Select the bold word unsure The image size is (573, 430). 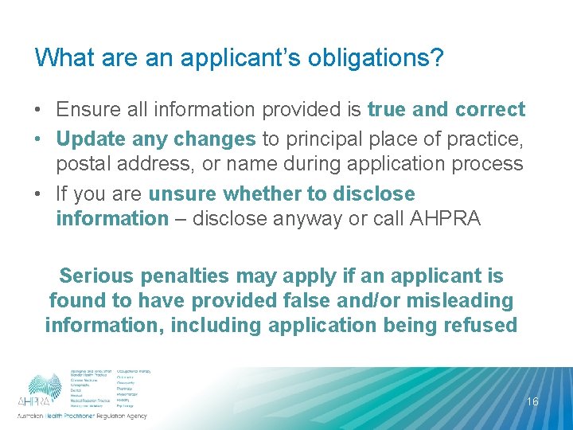click(183, 193)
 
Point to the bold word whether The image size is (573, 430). click(261, 193)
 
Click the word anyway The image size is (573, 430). click(309, 218)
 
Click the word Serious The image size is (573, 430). click(96, 276)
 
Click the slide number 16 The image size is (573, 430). click(532, 402)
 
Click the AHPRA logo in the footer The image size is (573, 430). click(45, 390)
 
